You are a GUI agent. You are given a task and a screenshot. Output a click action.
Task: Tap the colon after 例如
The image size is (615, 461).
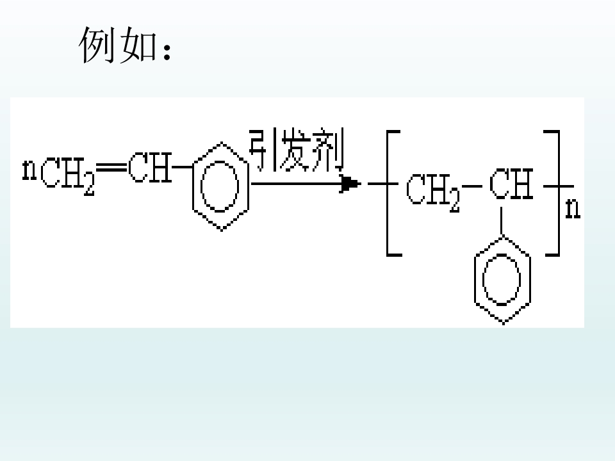click(167, 52)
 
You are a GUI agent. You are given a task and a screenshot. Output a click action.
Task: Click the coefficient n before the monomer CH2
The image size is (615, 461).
click(29, 170)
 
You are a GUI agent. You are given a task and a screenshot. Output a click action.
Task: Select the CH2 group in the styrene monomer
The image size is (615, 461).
click(67, 175)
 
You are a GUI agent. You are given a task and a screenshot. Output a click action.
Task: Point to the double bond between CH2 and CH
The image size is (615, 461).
click(111, 168)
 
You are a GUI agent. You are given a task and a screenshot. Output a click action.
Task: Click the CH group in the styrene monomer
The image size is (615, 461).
click(150, 167)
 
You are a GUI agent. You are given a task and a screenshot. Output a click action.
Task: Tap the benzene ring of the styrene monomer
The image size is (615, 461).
click(193, 187)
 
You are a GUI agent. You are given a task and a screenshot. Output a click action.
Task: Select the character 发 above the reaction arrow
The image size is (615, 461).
click(295, 149)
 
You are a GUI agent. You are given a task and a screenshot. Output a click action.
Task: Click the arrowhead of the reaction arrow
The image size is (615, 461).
click(350, 184)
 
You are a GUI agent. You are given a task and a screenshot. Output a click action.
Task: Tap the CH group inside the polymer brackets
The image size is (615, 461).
click(511, 184)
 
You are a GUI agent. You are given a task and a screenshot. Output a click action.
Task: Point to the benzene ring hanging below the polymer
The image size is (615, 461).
click(475, 280)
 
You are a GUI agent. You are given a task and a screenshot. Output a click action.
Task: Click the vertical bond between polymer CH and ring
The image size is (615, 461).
click(501, 222)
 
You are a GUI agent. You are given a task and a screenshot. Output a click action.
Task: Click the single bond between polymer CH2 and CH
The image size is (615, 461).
click(472, 186)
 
